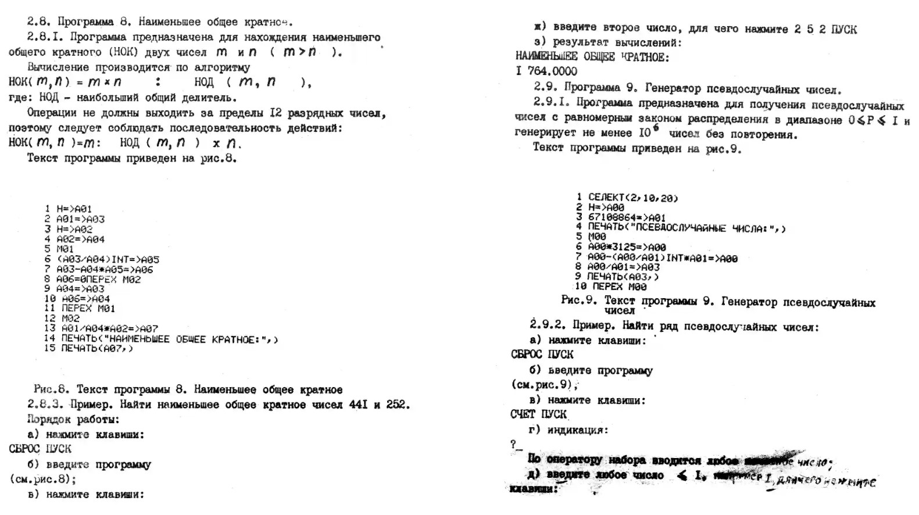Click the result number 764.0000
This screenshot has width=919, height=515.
pyautogui.click(x=552, y=71)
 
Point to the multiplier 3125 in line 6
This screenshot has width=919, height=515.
pyautogui.click(x=623, y=247)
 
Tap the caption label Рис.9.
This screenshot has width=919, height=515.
pyautogui.click(x=579, y=301)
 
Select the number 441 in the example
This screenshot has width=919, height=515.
pyautogui.click(x=356, y=405)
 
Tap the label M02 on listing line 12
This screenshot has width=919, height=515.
pyautogui.click(x=70, y=318)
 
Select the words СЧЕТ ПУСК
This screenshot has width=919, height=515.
pyautogui.click(x=538, y=414)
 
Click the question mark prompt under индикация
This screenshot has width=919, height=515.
pyautogui.click(x=513, y=445)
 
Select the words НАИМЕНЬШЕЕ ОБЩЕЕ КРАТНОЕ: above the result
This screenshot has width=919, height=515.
pyautogui.click(x=592, y=57)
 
